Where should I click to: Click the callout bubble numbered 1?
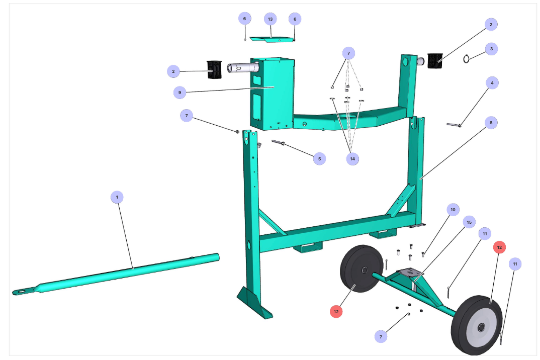coord(117,198)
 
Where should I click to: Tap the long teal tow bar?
coord(131,272)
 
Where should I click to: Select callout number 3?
coord(491,49)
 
